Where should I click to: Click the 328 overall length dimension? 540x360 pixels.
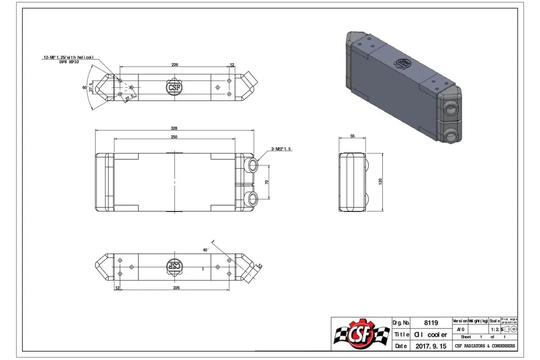175,127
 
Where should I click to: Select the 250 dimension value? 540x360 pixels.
175,137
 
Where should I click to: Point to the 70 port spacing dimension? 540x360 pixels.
266,182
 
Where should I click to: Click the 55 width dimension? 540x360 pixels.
352,135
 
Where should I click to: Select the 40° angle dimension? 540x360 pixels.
206,249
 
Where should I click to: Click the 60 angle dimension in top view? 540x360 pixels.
84,87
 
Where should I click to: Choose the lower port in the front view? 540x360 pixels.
252,198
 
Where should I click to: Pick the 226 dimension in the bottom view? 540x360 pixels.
175,288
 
